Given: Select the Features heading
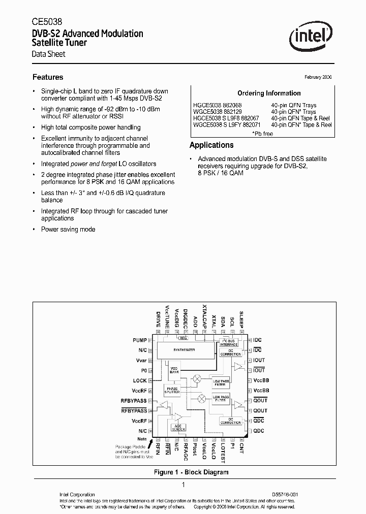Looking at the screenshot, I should pos(48,77).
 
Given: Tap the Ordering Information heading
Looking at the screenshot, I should pos(269,93).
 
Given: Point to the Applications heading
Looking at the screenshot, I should pos(211,145).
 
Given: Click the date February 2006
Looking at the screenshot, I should pos(318,77).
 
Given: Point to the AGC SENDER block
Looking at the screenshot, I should pos(177,428).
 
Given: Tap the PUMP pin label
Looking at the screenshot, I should pos(140,340).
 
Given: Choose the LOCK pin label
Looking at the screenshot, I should pos(140,380).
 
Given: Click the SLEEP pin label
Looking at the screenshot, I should pos(242,318).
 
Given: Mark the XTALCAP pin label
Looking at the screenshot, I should pos(205,315).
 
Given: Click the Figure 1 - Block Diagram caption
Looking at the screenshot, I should pos(191,472).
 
